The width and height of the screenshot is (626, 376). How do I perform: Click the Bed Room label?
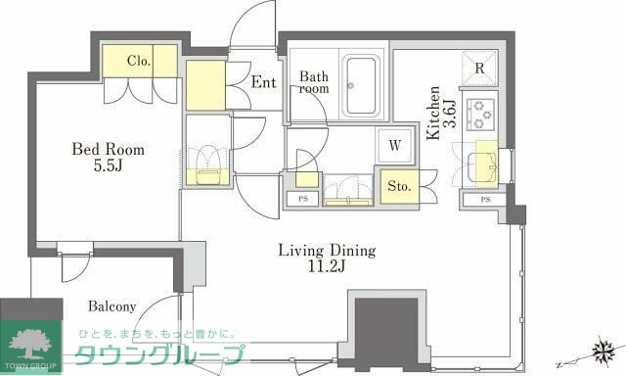[x=108, y=149]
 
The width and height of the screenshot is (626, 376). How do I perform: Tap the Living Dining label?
[x=327, y=251]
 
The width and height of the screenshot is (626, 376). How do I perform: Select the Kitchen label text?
[x=433, y=113]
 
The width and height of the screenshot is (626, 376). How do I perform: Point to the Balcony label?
[x=112, y=306]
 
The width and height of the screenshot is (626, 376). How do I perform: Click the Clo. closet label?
[x=139, y=61]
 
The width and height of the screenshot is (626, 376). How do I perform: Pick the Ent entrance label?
[x=263, y=82]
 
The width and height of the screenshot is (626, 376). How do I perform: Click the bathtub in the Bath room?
[x=360, y=86]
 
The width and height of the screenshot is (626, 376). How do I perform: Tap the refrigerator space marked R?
[x=479, y=69]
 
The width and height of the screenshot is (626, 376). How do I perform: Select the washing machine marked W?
[x=394, y=145]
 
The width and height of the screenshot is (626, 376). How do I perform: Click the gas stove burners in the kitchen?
[x=480, y=114]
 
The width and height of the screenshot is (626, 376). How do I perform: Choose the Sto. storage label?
[x=399, y=186]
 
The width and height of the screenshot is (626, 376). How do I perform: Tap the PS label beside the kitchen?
[x=485, y=200]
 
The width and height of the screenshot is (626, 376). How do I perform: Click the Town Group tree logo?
[x=30, y=344]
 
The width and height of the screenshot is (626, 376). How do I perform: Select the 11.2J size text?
[x=327, y=266]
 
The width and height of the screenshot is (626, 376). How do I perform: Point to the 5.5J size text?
[x=108, y=165]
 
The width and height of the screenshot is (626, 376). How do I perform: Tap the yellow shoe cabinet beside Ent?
[x=205, y=85]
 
